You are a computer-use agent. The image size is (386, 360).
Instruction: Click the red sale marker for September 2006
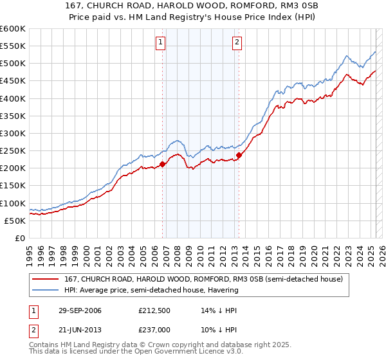click(162, 164)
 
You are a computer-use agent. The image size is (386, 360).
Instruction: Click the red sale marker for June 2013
click(239, 155)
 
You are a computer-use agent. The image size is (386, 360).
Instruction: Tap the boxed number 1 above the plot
click(160, 43)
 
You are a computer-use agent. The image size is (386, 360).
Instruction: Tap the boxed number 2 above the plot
click(237, 43)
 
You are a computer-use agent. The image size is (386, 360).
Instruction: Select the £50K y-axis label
click(15, 221)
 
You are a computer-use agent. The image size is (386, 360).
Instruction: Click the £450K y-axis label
click(13, 81)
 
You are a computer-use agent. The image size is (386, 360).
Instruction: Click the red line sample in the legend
click(47, 279)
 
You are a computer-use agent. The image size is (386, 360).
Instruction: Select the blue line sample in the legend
click(47, 290)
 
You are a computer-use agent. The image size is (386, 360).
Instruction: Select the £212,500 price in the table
click(154, 310)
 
